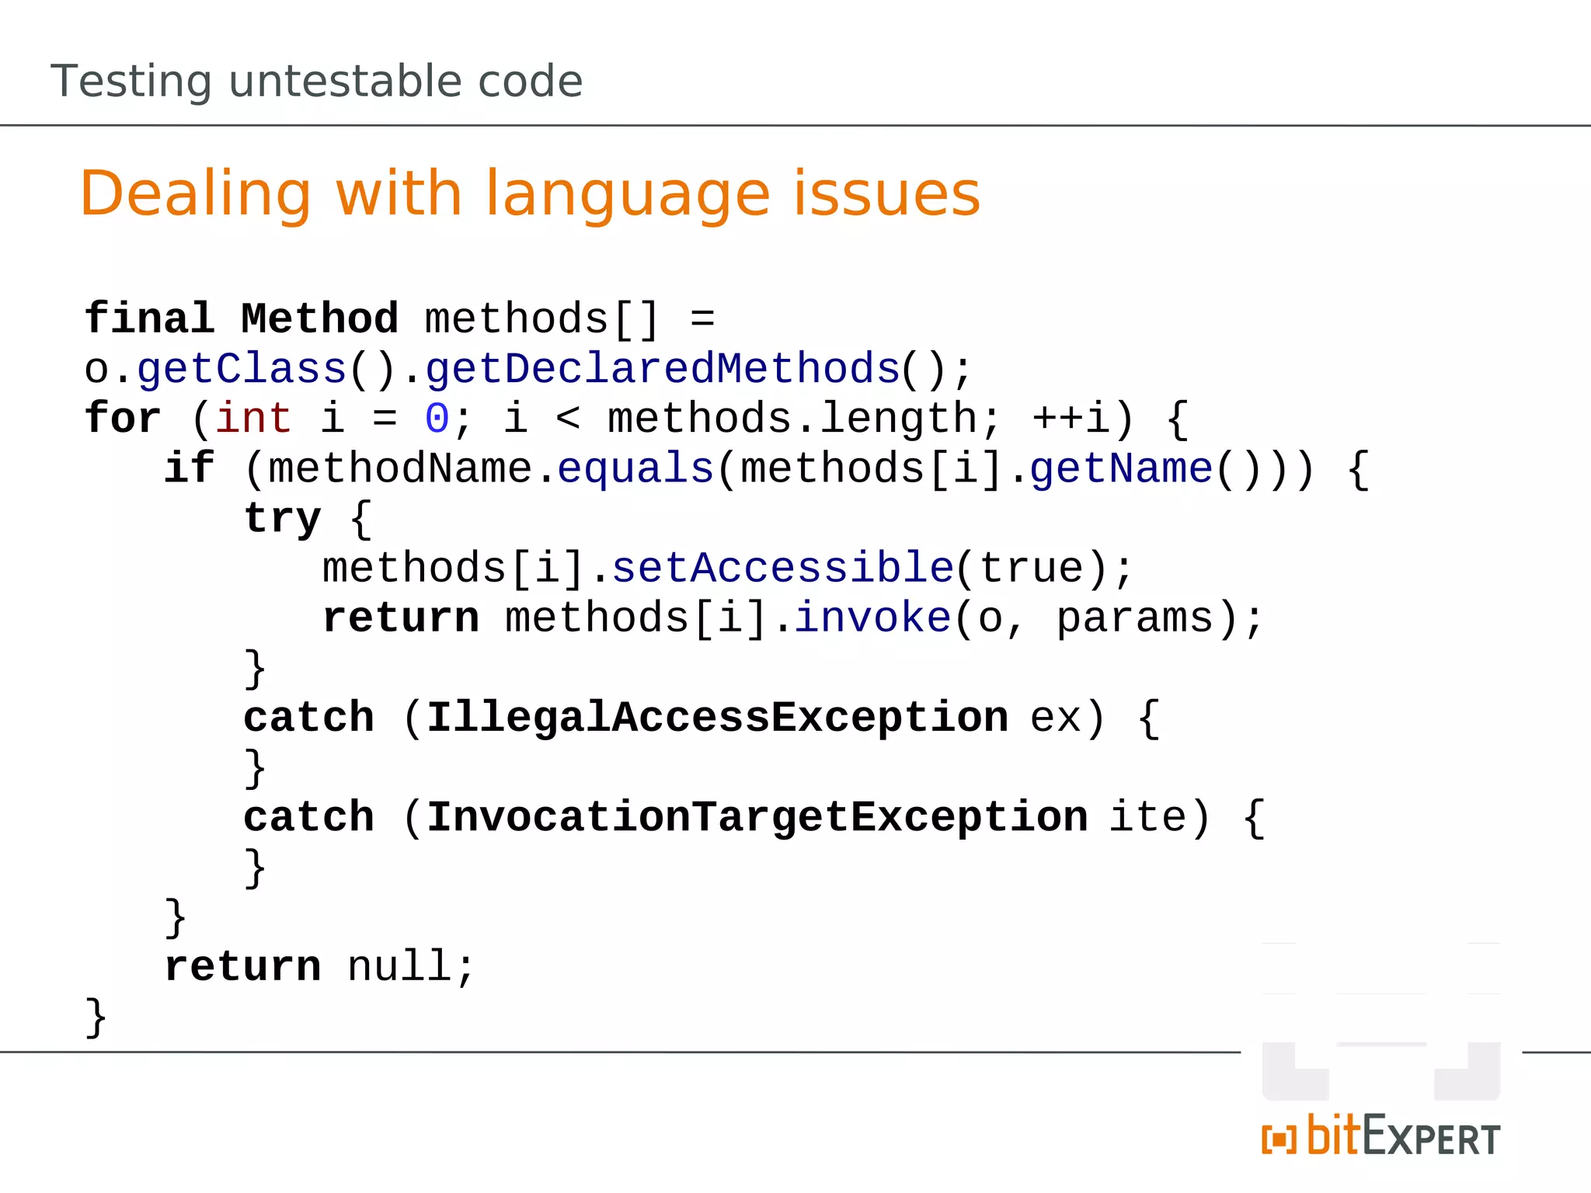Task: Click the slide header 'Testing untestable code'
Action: [x=316, y=82]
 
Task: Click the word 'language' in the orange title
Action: [x=627, y=194]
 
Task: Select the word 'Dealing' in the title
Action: [x=195, y=194]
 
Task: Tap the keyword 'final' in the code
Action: [x=149, y=319]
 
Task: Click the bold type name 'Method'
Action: [x=319, y=319]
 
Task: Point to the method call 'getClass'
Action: [x=241, y=369]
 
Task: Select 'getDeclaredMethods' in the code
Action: [x=662, y=369]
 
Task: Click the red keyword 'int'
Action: [x=253, y=419]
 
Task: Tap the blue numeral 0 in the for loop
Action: [x=437, y=419]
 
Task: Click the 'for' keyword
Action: [x=123, y=419]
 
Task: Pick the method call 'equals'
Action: [x=635, y=469]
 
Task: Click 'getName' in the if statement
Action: [x=1121, y=469]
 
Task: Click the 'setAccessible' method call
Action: [x=782, y=569]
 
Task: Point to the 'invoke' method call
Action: [x=872, y=618]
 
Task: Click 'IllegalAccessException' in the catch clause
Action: [x=718, y=718]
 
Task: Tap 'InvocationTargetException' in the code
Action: [x=757, y=817]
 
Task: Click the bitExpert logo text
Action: [x=1403, y=1136]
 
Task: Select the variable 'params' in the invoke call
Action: [x=1134, y=618]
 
